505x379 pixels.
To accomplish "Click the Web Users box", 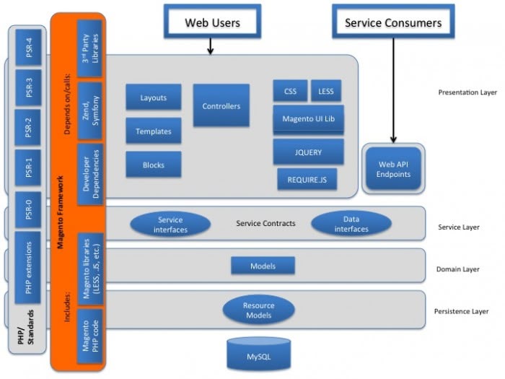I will coord(212,22).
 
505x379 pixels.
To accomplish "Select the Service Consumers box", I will coord(393,22).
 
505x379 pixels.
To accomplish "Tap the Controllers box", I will coord(221,106).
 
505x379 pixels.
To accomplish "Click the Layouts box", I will coord(153,97).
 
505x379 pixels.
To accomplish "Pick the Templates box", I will coord(153,131).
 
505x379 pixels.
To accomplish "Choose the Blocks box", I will coord(153,165).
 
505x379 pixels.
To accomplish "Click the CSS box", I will coord(290,92).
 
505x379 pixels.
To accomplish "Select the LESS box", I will coord(326,92).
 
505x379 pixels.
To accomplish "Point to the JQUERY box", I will coord(308,152).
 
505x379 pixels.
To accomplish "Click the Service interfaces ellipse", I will coord(170,225).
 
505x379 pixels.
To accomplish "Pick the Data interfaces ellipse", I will coord(351,225).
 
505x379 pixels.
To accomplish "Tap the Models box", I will coord(263,266).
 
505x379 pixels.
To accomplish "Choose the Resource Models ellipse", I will coord(258,310).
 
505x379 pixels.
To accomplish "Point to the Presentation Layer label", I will coord(467,93).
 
